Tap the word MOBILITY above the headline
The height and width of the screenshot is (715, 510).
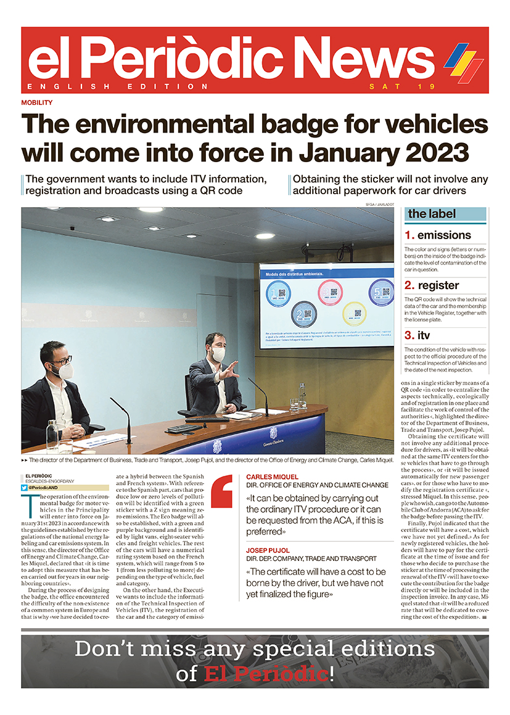[36, 103]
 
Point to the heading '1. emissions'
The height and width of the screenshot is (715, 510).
[438, 235]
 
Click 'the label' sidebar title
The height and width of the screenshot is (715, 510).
[432, 214]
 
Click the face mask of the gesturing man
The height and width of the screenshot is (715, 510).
[218, 354]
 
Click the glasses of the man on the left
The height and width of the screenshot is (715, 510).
[60, 359]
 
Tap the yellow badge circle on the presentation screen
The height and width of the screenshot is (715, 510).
[354, 313]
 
